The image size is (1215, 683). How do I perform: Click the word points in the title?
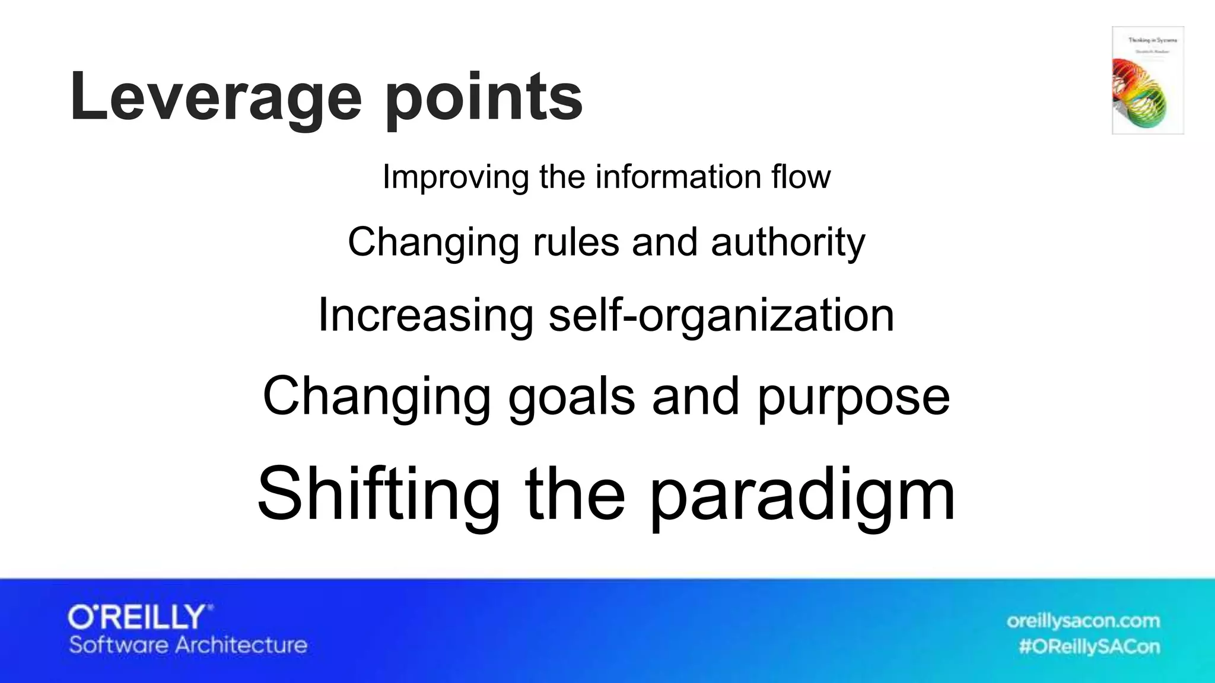[x=484, y=98]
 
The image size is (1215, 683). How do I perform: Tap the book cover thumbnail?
[x=1147, y=80]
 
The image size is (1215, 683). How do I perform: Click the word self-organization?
[x=721, y=316]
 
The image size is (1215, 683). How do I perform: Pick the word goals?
[x=571, y=397]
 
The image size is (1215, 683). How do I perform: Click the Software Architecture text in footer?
[x=188, y=645]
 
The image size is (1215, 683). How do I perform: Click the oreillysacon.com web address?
[x=1083, y=621]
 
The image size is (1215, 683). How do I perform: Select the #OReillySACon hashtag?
[x=1089, y=646]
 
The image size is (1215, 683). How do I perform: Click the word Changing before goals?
[x=377, y=397]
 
